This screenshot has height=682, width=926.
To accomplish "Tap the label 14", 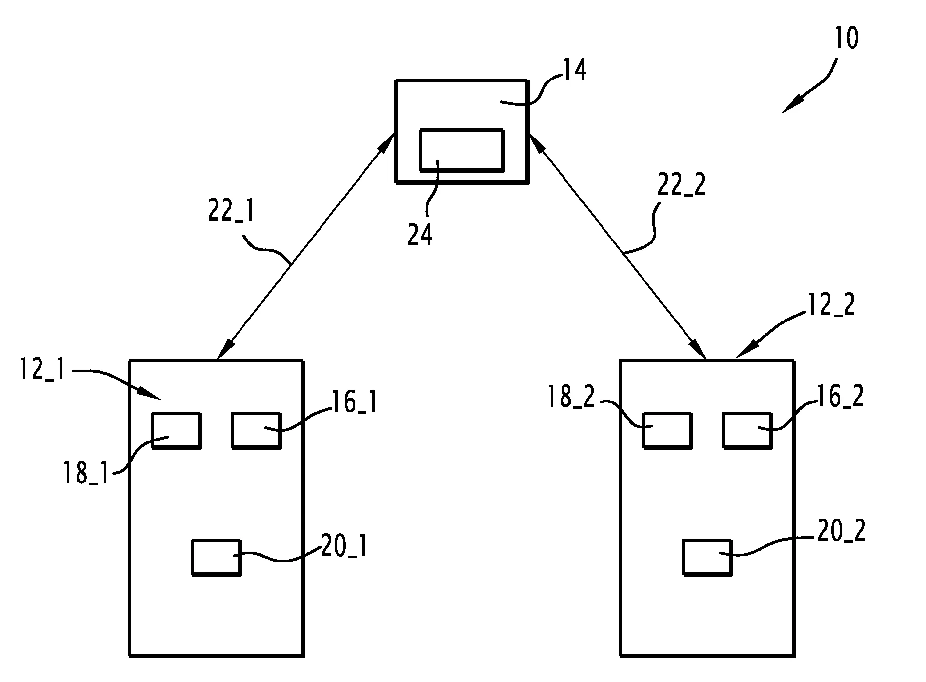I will pyautogui.click(x=575, y=70).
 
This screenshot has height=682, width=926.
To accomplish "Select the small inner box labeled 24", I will pyautogui.click(x=462, y=150).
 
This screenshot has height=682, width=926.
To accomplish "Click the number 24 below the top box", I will pyautogui.click(x=420, y=235).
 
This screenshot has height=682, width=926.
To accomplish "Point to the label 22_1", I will pyautogui.click(x=231, y=213).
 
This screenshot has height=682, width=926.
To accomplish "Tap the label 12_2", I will pyautogui.click(x=831, y=306).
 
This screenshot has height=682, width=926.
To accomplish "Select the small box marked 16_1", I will pyautogui.click(x=256, y=431).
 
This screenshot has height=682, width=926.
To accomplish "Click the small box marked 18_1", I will pyautogui.click(x=176, y=431).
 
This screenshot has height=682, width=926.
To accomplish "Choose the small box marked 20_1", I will pyautogui.click(x=216, y=558).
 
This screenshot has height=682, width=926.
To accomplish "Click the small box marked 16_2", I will pyautogui.click(x=747, y=431).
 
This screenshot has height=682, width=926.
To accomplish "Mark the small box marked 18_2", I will pyautogui.click(x=667, y=431).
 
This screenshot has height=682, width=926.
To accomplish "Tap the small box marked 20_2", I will pyautogui.click(x=707, y=557).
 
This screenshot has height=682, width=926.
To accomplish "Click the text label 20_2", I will pyautogui.click(x=842, y=531).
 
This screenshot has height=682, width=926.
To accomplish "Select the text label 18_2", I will pyautogui.click(x=572, y=397).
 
